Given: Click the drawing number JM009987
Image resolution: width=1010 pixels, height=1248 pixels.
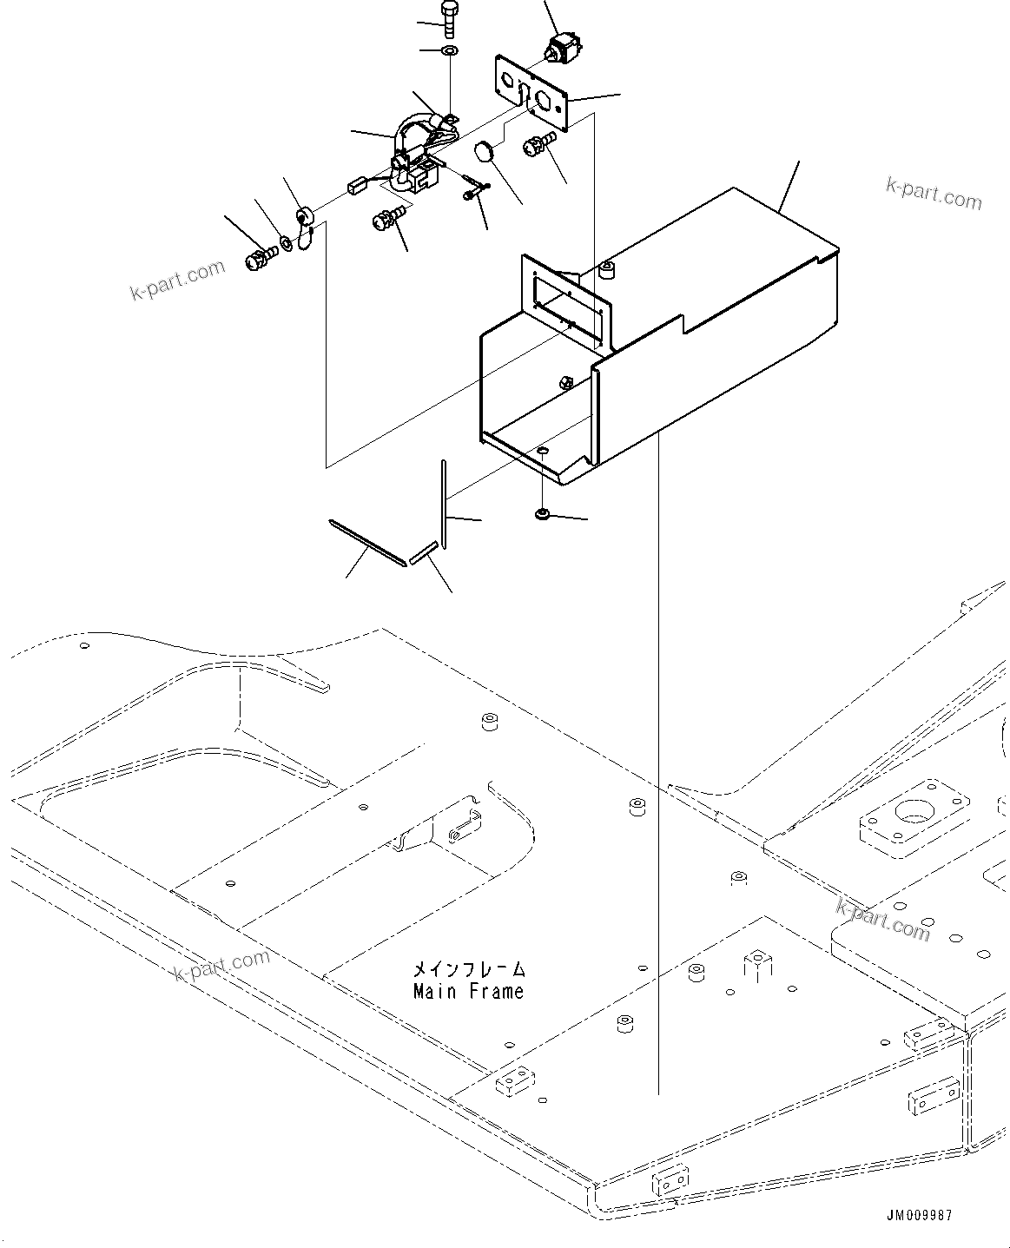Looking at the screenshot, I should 919,1215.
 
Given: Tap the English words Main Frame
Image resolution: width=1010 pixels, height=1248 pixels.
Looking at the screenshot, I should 468,991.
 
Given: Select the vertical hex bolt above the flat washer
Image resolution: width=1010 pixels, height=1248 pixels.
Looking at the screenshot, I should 449,17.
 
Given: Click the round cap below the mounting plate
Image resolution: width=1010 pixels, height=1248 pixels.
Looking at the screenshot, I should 485,151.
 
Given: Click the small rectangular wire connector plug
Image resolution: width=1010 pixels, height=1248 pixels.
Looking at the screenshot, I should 356,185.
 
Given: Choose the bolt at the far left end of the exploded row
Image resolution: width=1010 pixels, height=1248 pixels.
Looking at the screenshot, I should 256,258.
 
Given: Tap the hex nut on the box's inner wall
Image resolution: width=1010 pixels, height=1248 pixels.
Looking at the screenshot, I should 562,381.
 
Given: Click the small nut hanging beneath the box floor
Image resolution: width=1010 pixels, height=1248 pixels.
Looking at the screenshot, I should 543,515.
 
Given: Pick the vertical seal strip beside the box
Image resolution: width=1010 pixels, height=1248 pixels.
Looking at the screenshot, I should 443,504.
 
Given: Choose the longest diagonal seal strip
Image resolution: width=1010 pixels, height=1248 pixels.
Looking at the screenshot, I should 366,543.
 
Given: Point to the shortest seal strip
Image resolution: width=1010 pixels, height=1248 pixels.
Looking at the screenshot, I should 423,553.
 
